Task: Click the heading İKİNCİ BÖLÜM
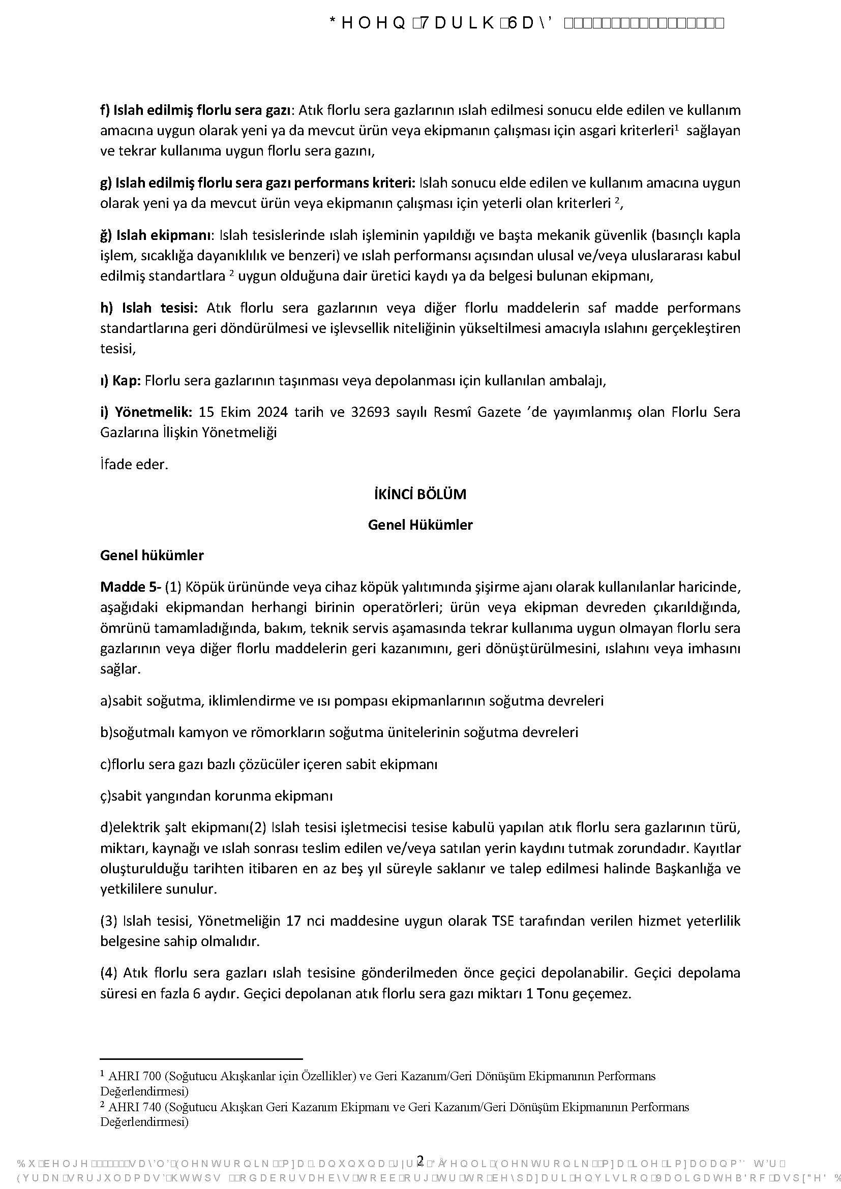(x=420, y=494)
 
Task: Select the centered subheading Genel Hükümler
(x=420, y=525)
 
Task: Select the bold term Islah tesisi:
(x=149, y=308)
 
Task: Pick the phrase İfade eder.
(x=134, y=464)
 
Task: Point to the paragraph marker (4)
(x=109, y=972)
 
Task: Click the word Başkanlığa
(x=688, y=868)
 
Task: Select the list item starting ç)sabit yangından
(x=216, y=796)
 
